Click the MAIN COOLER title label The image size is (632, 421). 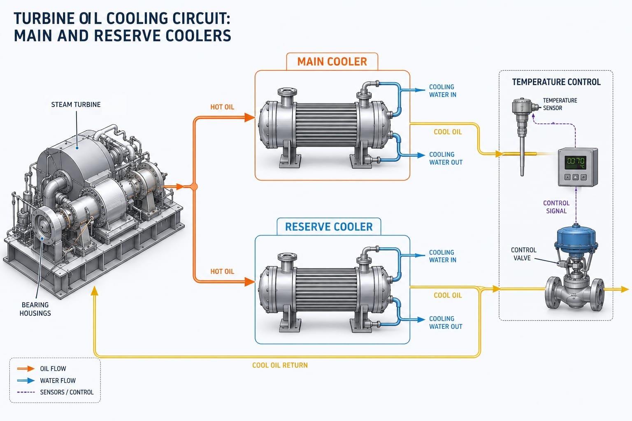332,62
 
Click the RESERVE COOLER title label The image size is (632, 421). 329,227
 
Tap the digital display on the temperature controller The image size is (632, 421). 576,161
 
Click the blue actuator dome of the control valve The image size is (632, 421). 575,238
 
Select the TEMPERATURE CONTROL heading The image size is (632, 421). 556,82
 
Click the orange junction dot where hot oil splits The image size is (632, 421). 194,187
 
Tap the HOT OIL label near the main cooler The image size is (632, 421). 222,107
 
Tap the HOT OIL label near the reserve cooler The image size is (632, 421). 222,272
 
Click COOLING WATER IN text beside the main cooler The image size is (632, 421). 443,91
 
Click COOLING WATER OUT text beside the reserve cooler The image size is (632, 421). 446,323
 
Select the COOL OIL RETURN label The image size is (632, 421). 280,365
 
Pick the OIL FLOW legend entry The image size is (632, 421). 53,369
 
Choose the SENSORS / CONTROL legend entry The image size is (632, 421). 67,392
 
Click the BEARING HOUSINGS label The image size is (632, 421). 35,309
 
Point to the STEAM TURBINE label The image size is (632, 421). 76,105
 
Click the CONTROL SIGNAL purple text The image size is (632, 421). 556,207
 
